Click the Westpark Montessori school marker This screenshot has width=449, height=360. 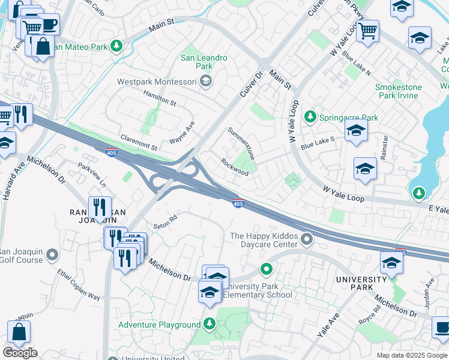pyautogui.click(x=206, y=81)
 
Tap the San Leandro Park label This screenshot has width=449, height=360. pyautogui.click(x=204, y=62)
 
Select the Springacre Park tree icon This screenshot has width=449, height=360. pyautogui.click(x=310, y=117)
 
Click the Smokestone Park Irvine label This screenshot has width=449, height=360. pyautogui.click(x=398, y=91)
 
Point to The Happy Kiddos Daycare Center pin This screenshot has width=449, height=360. pyautogui.click(x=307, y=240)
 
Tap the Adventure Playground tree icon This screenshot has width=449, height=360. pyautogui.click(x=209, y=325)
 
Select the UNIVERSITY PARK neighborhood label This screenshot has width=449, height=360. pyautogui.click(x=361, y=284)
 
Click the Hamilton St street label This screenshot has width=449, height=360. pyautogui.click(x=159, y=98)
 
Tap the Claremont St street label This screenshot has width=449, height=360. pyautogui.click(x=139, y=142)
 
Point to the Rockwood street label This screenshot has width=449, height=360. pyautogui.click(x=234, y=167)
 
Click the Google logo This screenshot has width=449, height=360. pyautogui.click(x=20, y=353)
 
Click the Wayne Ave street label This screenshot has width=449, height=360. pyautogui.click(x=182, y=133)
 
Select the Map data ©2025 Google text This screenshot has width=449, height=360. pyautogui.click(x=411, y=355)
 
